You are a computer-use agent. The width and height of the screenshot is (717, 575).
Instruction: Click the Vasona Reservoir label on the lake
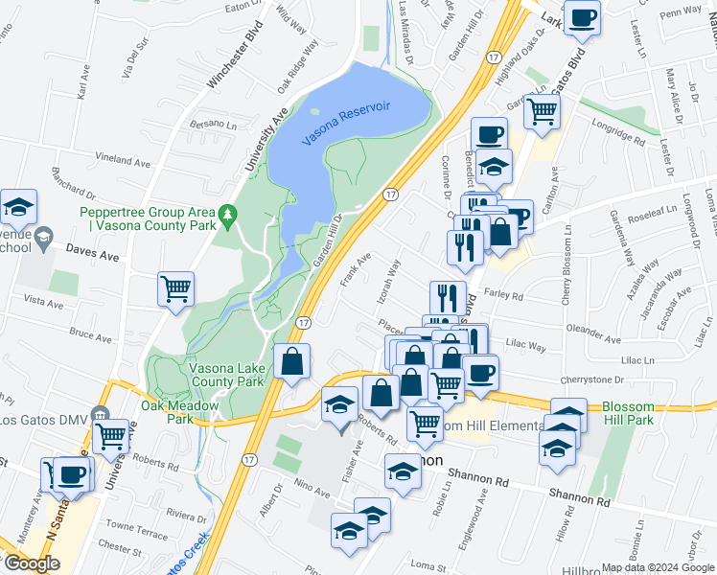click(346, 124)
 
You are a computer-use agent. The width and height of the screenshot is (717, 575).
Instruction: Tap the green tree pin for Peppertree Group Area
click(227, 217)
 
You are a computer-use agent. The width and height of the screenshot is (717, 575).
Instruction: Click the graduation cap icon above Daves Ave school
click(18, 206)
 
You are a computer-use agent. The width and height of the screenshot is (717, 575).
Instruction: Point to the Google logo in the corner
click(32, 563)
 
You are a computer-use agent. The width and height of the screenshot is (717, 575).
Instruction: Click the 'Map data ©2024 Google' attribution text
click(658, 567)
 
